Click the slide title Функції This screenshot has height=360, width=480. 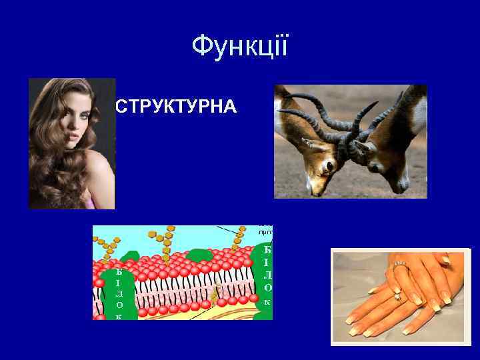240,47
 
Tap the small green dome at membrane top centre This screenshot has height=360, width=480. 199,254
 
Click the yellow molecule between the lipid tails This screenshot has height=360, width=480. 215,292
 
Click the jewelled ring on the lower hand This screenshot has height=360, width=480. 399,296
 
